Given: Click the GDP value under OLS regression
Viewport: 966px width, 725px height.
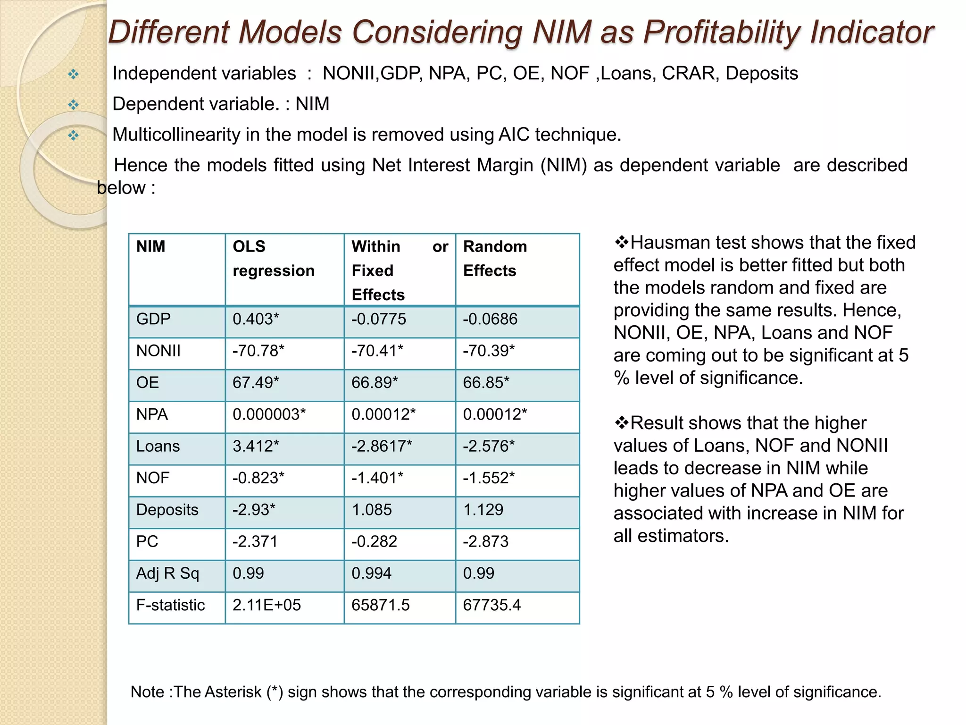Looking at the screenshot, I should [x=256, y=320].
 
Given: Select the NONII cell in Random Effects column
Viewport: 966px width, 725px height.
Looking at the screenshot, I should [x=489, y=351].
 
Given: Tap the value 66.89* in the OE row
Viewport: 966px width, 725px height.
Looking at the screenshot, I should [x=375, y=383].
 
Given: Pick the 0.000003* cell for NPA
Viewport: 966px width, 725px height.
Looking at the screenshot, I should [x=269, y=414].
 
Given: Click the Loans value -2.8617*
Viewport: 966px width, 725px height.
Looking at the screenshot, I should [x=382, y=447].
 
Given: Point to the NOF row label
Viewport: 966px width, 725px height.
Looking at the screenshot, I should [x=152, y=478].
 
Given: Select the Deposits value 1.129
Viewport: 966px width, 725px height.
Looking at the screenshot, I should [x=483, y=510].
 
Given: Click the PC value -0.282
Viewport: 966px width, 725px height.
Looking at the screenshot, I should [x=374, y=541].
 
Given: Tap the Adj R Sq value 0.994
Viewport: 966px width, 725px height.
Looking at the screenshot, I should [x=371, y=573].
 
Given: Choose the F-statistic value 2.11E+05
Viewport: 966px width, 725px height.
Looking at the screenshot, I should [x=266, y=605].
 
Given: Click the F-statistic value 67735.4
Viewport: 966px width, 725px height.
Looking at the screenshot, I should [x=491, y=605].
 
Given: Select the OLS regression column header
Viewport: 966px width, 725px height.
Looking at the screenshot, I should [x=273, y=259].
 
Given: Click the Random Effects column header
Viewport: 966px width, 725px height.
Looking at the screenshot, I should [x=494, y=259].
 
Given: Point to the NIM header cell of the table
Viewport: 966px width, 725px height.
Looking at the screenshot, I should [x=150, y=247].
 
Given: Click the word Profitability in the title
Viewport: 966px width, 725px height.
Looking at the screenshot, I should [x=722, y=32].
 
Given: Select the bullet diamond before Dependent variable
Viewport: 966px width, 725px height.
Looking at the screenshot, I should [x=73, y=105].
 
